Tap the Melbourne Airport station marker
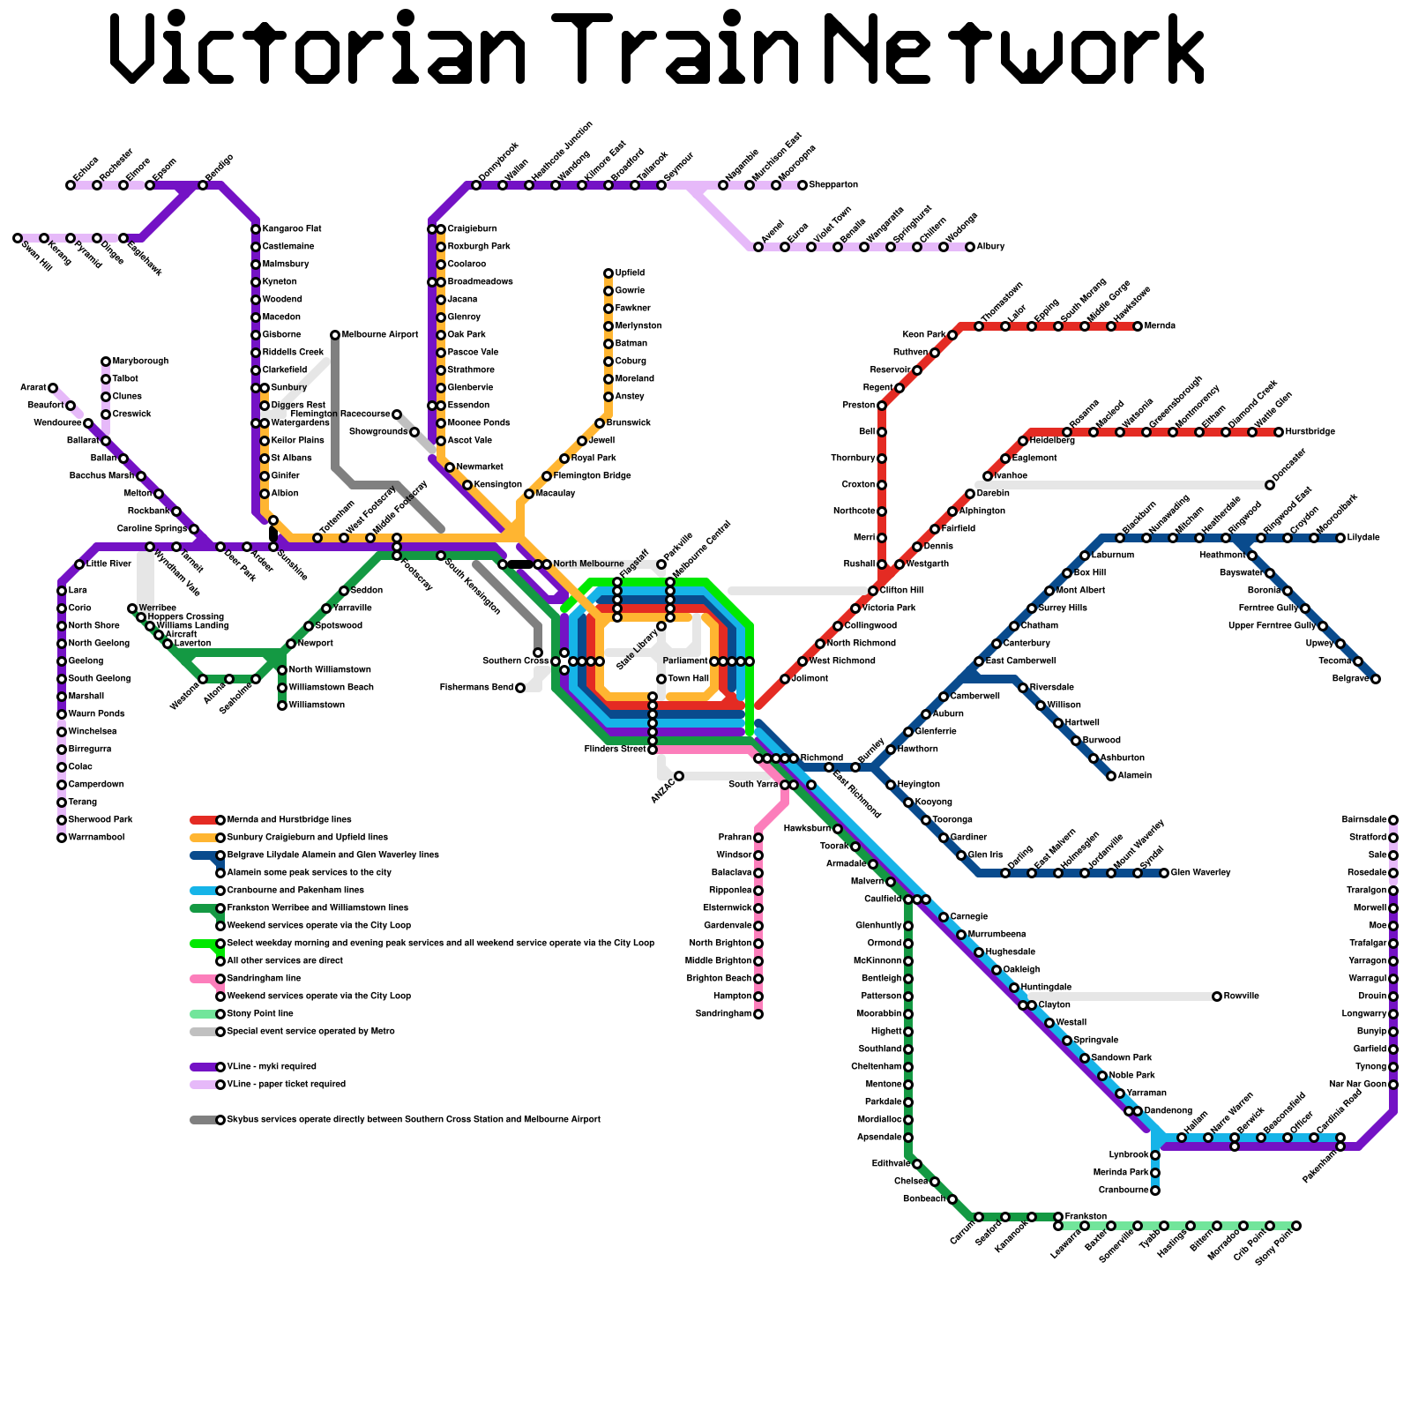click(x=335, y=335)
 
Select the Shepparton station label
click(x=833, y=185)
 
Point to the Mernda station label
click(x=1160, y=326)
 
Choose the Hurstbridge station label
click(x=1310, y=432)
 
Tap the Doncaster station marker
click(x=1270, y=485)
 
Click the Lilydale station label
click(x=1363, y=538)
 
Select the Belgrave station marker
click(x=1376, y=679)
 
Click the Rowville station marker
click(x=1217, y=997)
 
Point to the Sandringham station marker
click(x=758, y=1014)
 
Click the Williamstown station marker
click(x=282, y=705)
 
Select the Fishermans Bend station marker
click(x=520, y=688)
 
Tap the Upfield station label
click(x=630, y=273)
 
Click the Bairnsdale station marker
click(x=1393, y=820)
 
